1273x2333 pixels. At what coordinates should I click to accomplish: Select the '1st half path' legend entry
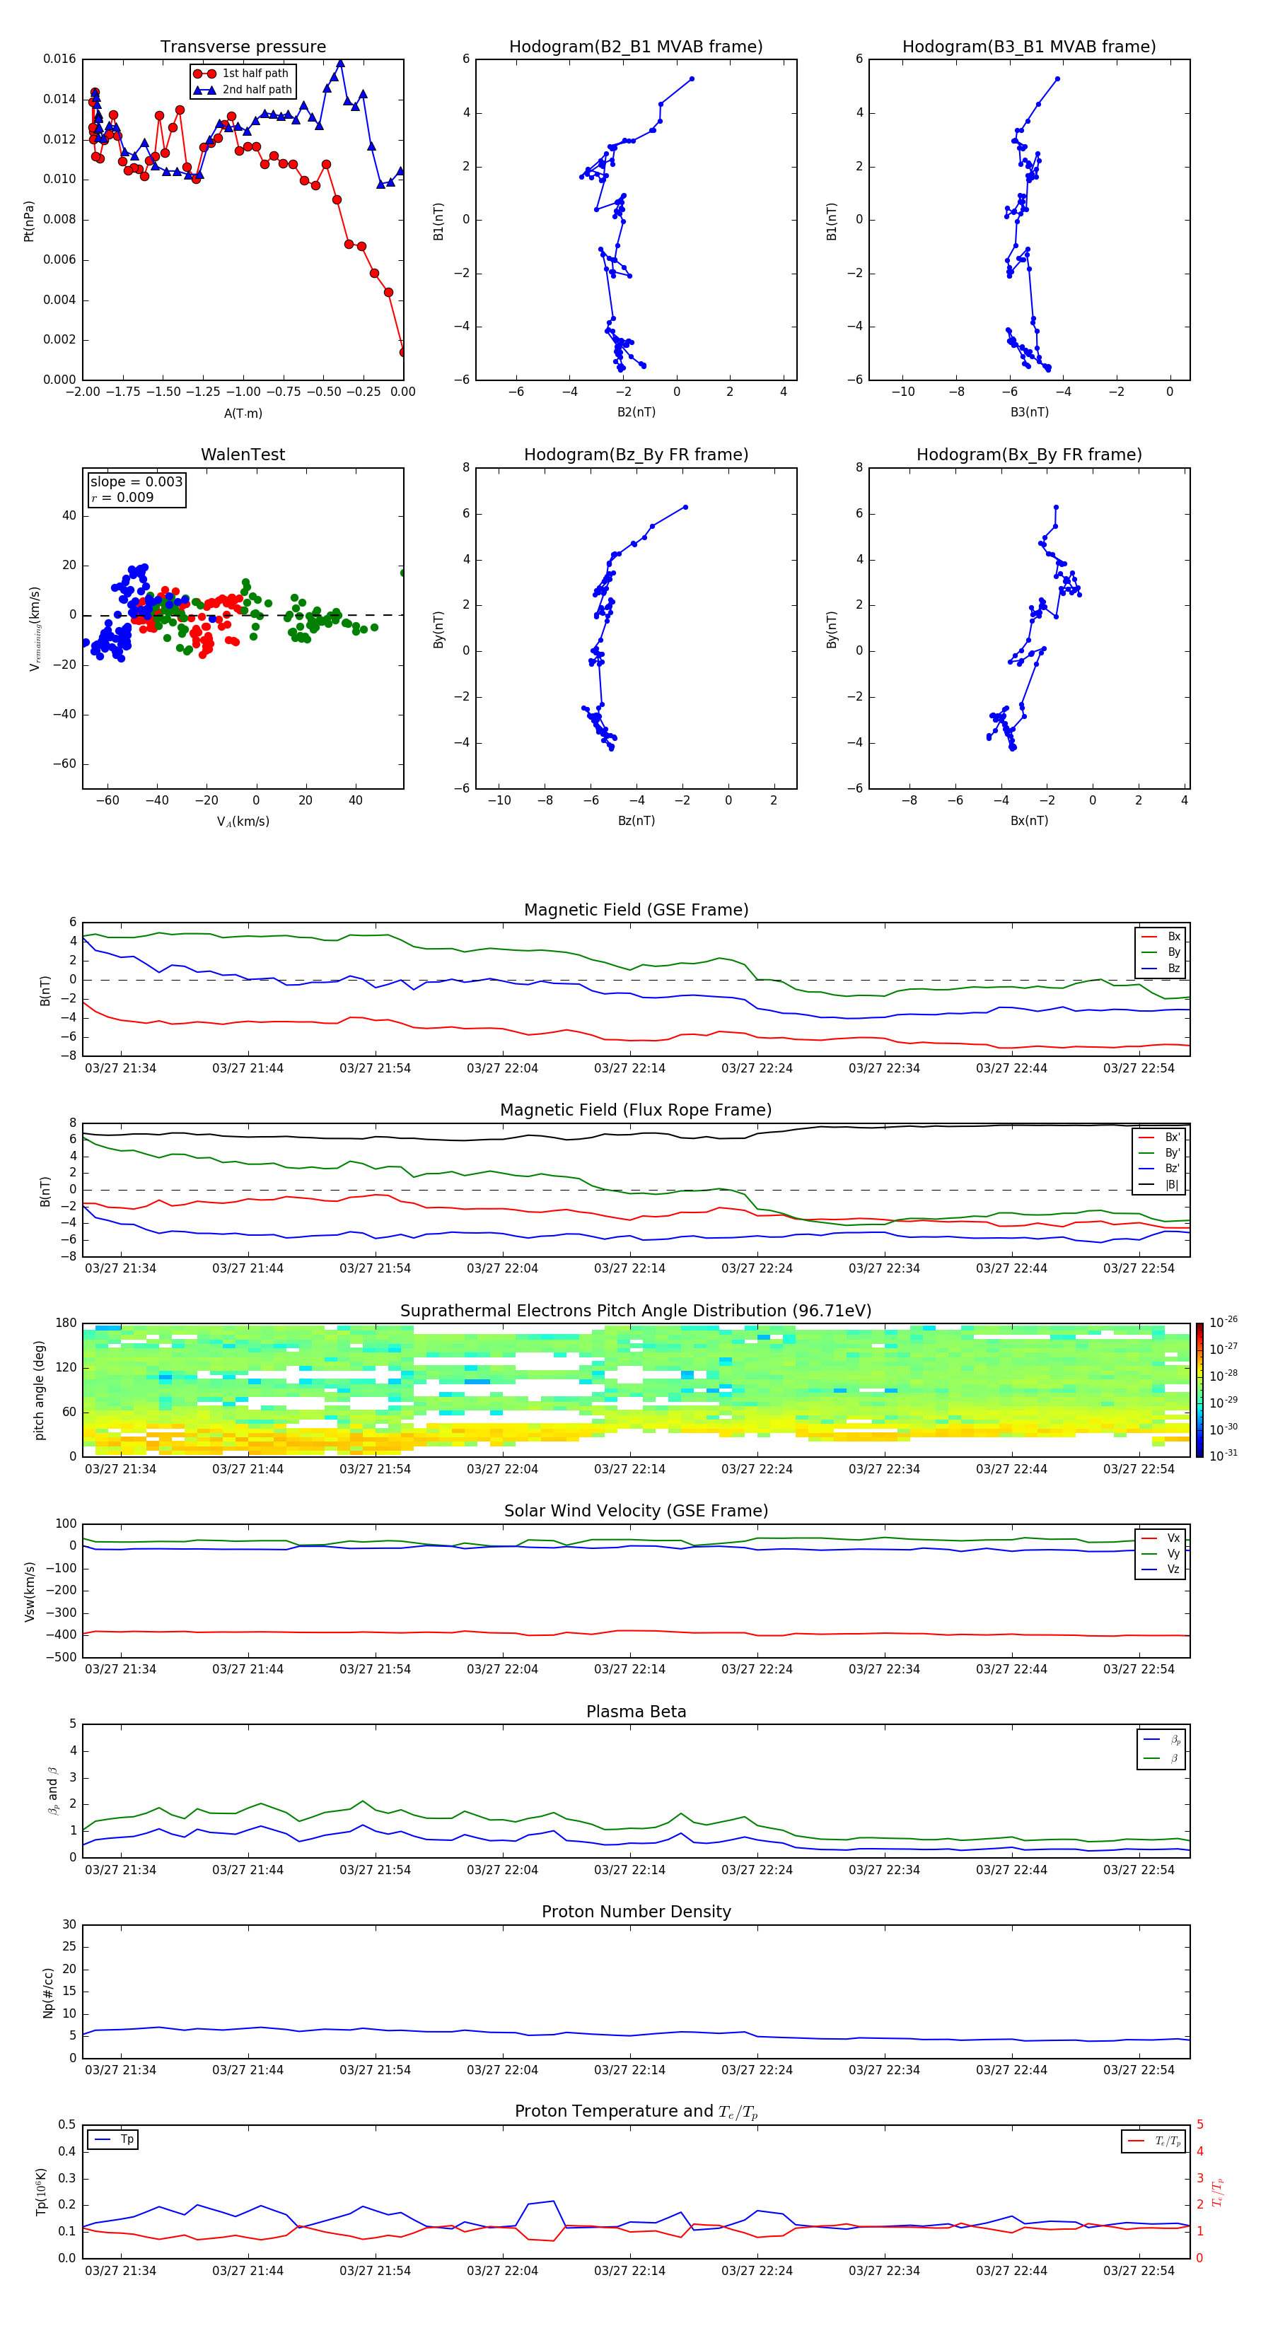coord(255,74)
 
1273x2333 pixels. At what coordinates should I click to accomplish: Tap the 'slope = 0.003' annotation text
coord(136,482)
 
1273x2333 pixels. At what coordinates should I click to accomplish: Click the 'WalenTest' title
coord(243,455)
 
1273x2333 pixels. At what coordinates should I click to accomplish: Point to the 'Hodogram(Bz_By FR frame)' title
coord(636,455)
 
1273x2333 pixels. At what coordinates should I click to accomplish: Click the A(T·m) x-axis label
coord(243,414)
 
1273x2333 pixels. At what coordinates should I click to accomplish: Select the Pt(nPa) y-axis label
coord(29,220)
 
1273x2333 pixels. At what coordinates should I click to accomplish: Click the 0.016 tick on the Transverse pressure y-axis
coord(60,59)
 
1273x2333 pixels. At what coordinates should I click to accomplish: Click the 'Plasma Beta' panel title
coord(636,1712)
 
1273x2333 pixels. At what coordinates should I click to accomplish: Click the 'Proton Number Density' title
coord(636,1912)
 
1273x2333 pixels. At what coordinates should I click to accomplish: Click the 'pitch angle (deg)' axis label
coord(40,1389)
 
